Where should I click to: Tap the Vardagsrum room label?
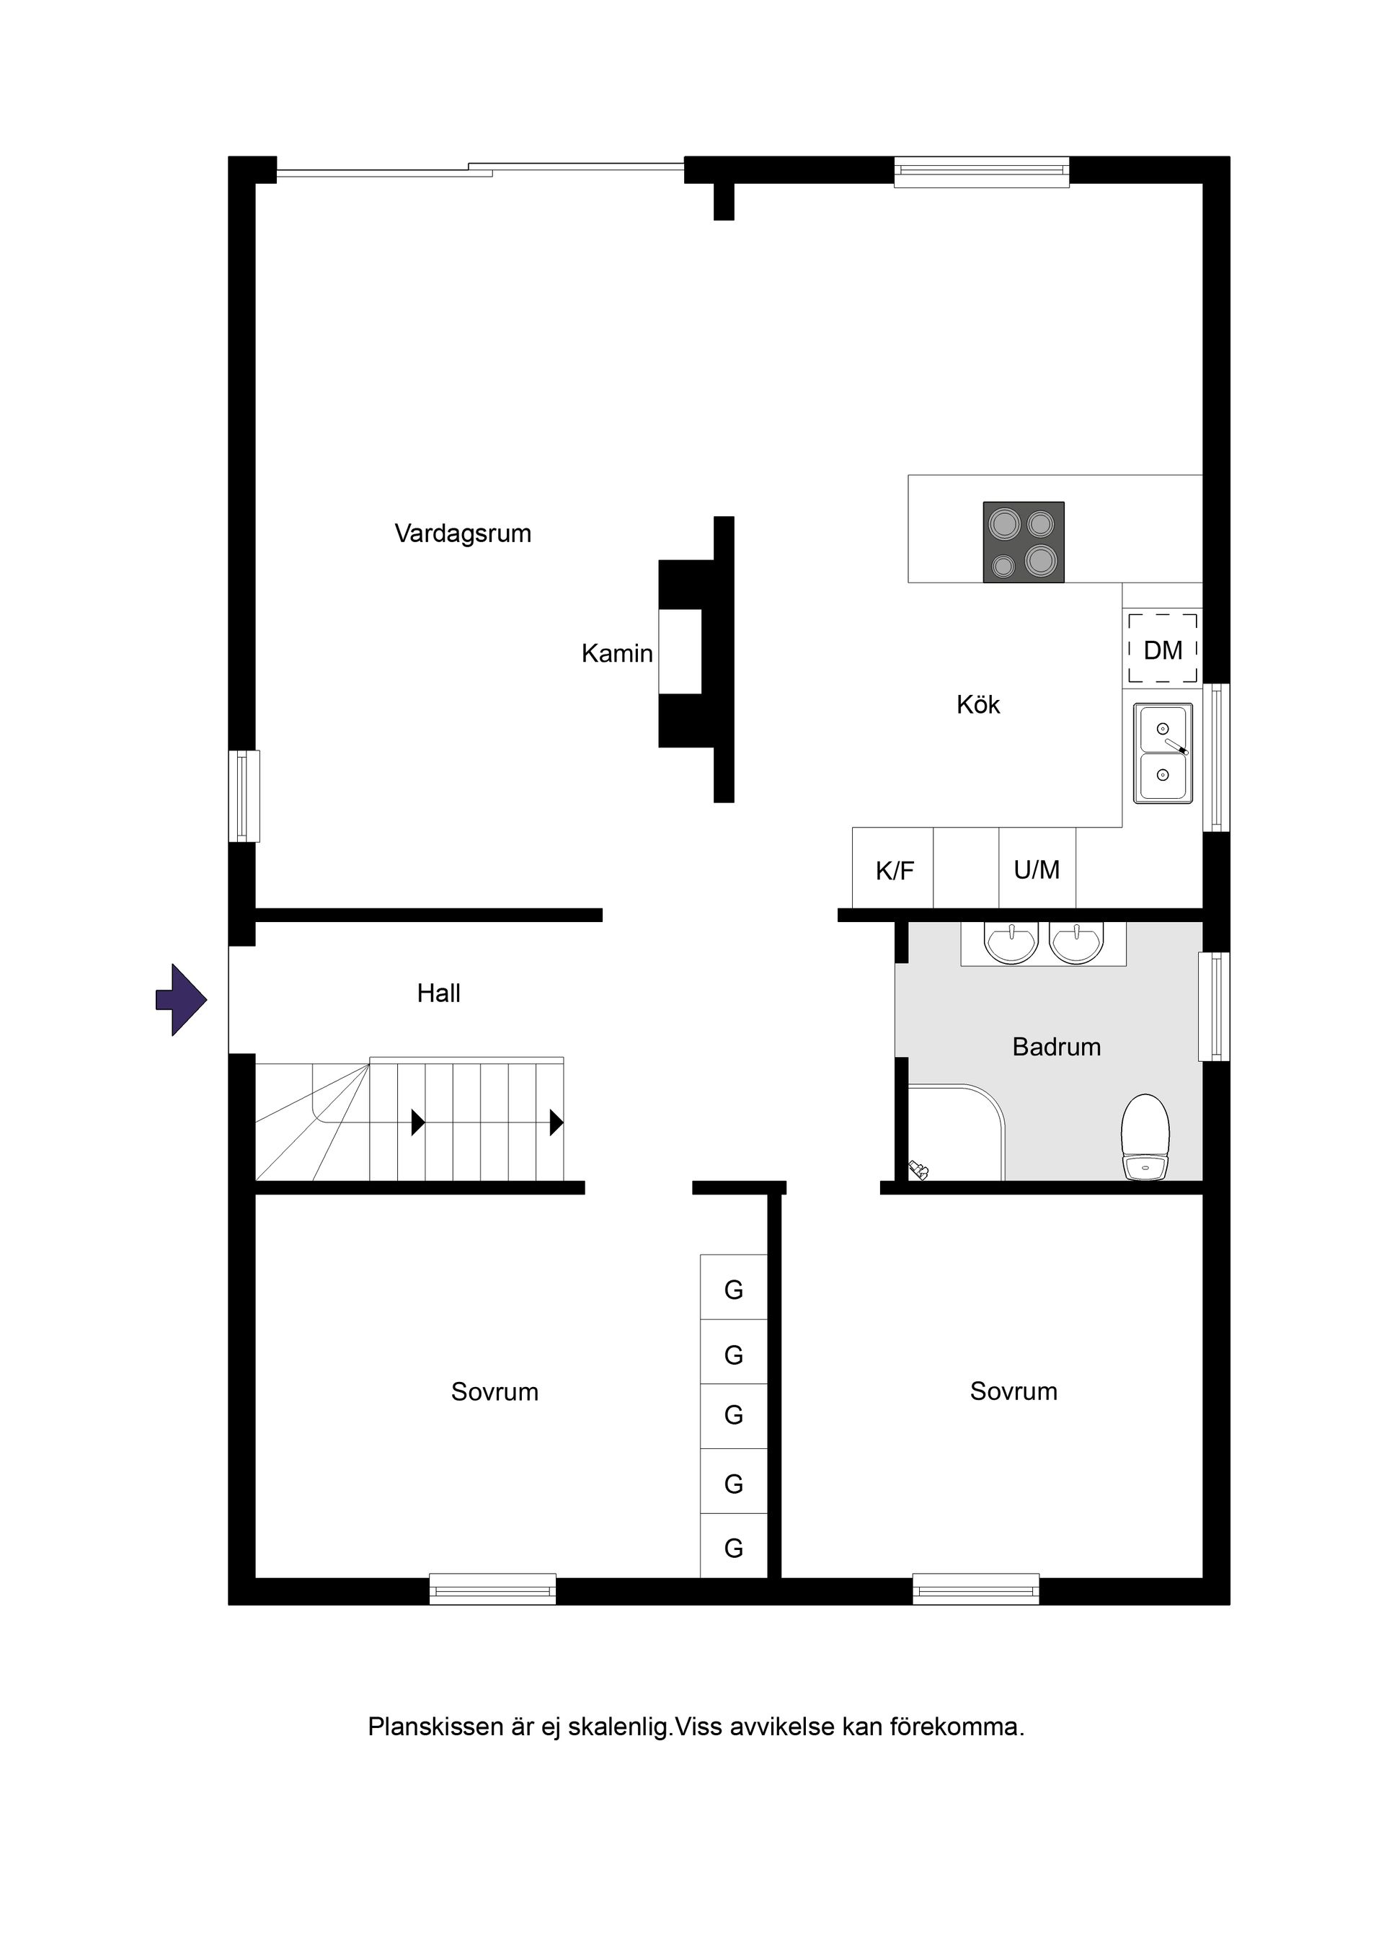tap(462, 534)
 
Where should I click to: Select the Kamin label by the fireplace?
tap(616, 653)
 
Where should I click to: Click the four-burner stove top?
tap(1024, 542)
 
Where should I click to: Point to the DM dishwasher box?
tap(1163, 650)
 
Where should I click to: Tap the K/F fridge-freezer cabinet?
tap(893, 867)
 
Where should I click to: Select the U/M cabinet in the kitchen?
tap(1037, 867)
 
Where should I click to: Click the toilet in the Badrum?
tap(1145, 1137)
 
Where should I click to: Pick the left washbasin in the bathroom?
tap(1011, 942)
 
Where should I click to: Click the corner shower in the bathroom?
tap(955, 1133)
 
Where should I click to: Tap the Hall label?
tap(438, 993)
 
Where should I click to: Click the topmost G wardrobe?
tap(733, 1287)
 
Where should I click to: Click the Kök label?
tap(978, 704)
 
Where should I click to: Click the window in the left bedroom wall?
tap(493, 1588)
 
